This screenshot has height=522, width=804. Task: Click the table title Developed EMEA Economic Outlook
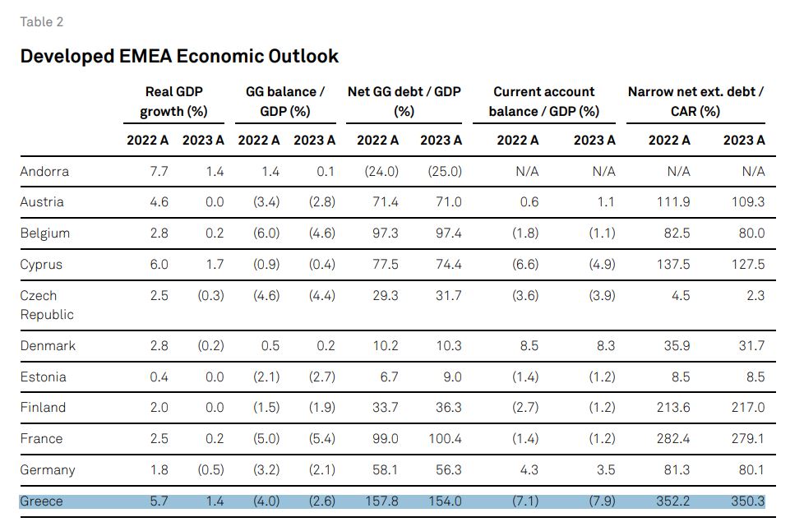(x=179, y=56)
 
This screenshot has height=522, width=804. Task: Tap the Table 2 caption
(x=42, y=22)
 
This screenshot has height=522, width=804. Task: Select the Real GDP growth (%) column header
(x=173, y=102)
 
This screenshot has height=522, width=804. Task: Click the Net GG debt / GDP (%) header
(x=404, y=102)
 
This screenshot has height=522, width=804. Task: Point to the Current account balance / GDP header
(x=543, y=102)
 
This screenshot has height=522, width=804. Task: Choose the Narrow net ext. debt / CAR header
(x=695, y=102)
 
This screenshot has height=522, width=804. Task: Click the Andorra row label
(x=44, y=172)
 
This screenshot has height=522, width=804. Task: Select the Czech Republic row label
(x=47, y=305)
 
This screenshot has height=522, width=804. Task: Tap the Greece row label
(x=41, y=501)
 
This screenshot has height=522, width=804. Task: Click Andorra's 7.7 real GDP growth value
(x=159, y=172)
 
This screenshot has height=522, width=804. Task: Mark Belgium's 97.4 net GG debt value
(x=448, y=233)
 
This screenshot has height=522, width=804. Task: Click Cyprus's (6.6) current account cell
(x=525, y=265)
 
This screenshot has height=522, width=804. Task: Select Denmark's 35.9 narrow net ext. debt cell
(x=677, y=346)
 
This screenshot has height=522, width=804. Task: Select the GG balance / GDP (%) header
(x=284, y=102)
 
